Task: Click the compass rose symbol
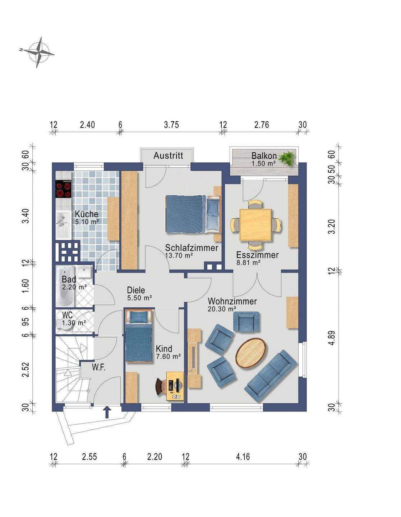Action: (x=39, y=52)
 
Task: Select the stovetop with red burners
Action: (x=63, y=189)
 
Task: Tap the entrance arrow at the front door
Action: (x=107, y=412)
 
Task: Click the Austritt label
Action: (x=168, y=155)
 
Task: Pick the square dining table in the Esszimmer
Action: (x=255, y=225)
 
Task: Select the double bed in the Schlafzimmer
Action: (x=193, y=214)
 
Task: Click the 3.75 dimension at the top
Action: (x=171, y=125)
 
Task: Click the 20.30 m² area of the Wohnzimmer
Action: (x=222, y=309)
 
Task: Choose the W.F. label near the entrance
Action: (x=98, y=368)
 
